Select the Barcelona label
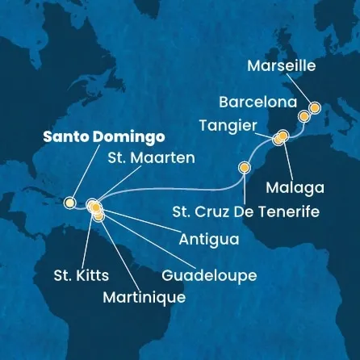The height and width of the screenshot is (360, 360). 259,103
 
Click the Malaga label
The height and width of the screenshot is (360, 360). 298,187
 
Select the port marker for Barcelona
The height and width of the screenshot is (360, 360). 303,116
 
